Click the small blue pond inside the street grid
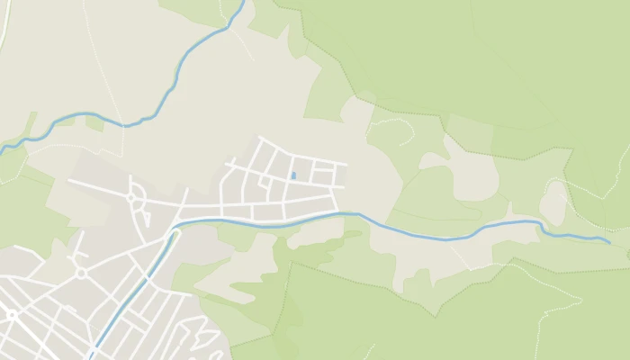click(292, 175)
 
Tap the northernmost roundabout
click(130, 197)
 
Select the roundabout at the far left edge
click(11, 314)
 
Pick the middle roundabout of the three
click(80, 273)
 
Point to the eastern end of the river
click(609, 242)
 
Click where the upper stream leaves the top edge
click(243, 2)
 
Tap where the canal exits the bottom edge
click(91, 357)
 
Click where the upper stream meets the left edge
click(2, 148)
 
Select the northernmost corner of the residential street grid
click(259, 137)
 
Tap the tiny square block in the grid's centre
click(265, 182)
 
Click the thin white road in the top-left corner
click(6, 27)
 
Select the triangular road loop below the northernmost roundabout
click(141, 216)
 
